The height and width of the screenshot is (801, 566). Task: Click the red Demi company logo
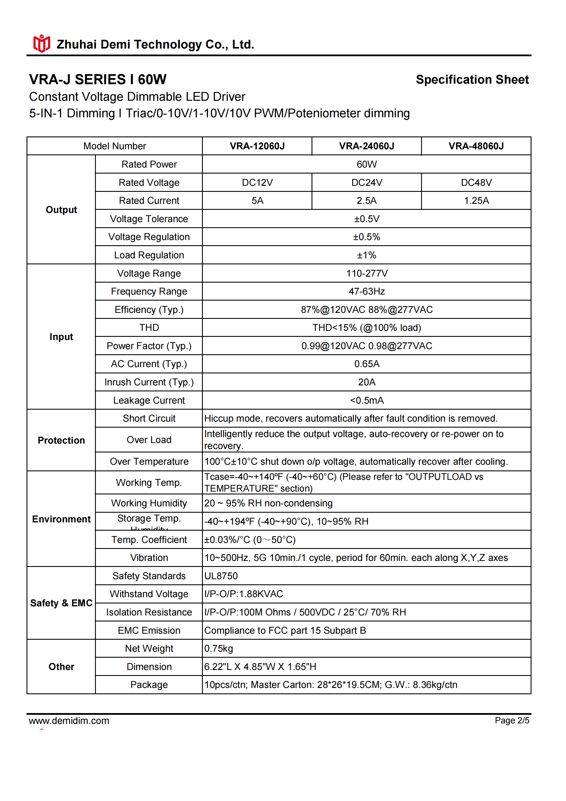(41, 44)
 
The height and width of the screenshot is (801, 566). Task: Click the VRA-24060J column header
(366, 146)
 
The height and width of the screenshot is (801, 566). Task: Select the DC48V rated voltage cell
(476, 182)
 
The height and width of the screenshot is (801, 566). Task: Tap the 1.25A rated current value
(476, 201)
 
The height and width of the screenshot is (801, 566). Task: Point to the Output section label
(61, 210)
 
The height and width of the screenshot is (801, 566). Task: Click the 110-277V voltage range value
(367, 273)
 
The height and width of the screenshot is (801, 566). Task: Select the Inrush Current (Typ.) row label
(149, 382)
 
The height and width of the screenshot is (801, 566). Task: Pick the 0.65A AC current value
(367, 364)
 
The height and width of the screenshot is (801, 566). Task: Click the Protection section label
(61, 440)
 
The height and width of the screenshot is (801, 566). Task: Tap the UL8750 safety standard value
(221, 576)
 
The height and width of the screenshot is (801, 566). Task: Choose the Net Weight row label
(149, 648)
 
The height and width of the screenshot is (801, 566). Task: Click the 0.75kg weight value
(219, 648)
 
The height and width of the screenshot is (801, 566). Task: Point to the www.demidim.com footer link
(69, 721)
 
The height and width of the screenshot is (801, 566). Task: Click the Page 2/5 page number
(512, 721)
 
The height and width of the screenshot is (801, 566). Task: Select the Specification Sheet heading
(472, 80)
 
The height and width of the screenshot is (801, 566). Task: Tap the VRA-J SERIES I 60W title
(98, 80)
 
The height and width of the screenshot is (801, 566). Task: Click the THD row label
(149, 328)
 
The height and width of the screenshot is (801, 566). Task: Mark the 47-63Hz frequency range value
(367, 291)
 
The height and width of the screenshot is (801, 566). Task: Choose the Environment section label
(61, 519)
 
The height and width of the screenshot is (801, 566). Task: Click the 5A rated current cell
(257, 201)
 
